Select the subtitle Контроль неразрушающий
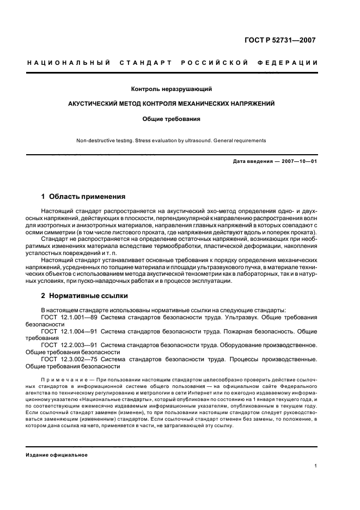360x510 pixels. (171, 89)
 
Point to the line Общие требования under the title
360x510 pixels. (171, 118)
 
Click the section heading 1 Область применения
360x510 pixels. (83, 196)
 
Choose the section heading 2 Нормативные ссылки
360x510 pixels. (84, 296)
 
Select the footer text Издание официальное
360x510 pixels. (57, 456)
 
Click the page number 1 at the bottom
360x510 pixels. (316, 466)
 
